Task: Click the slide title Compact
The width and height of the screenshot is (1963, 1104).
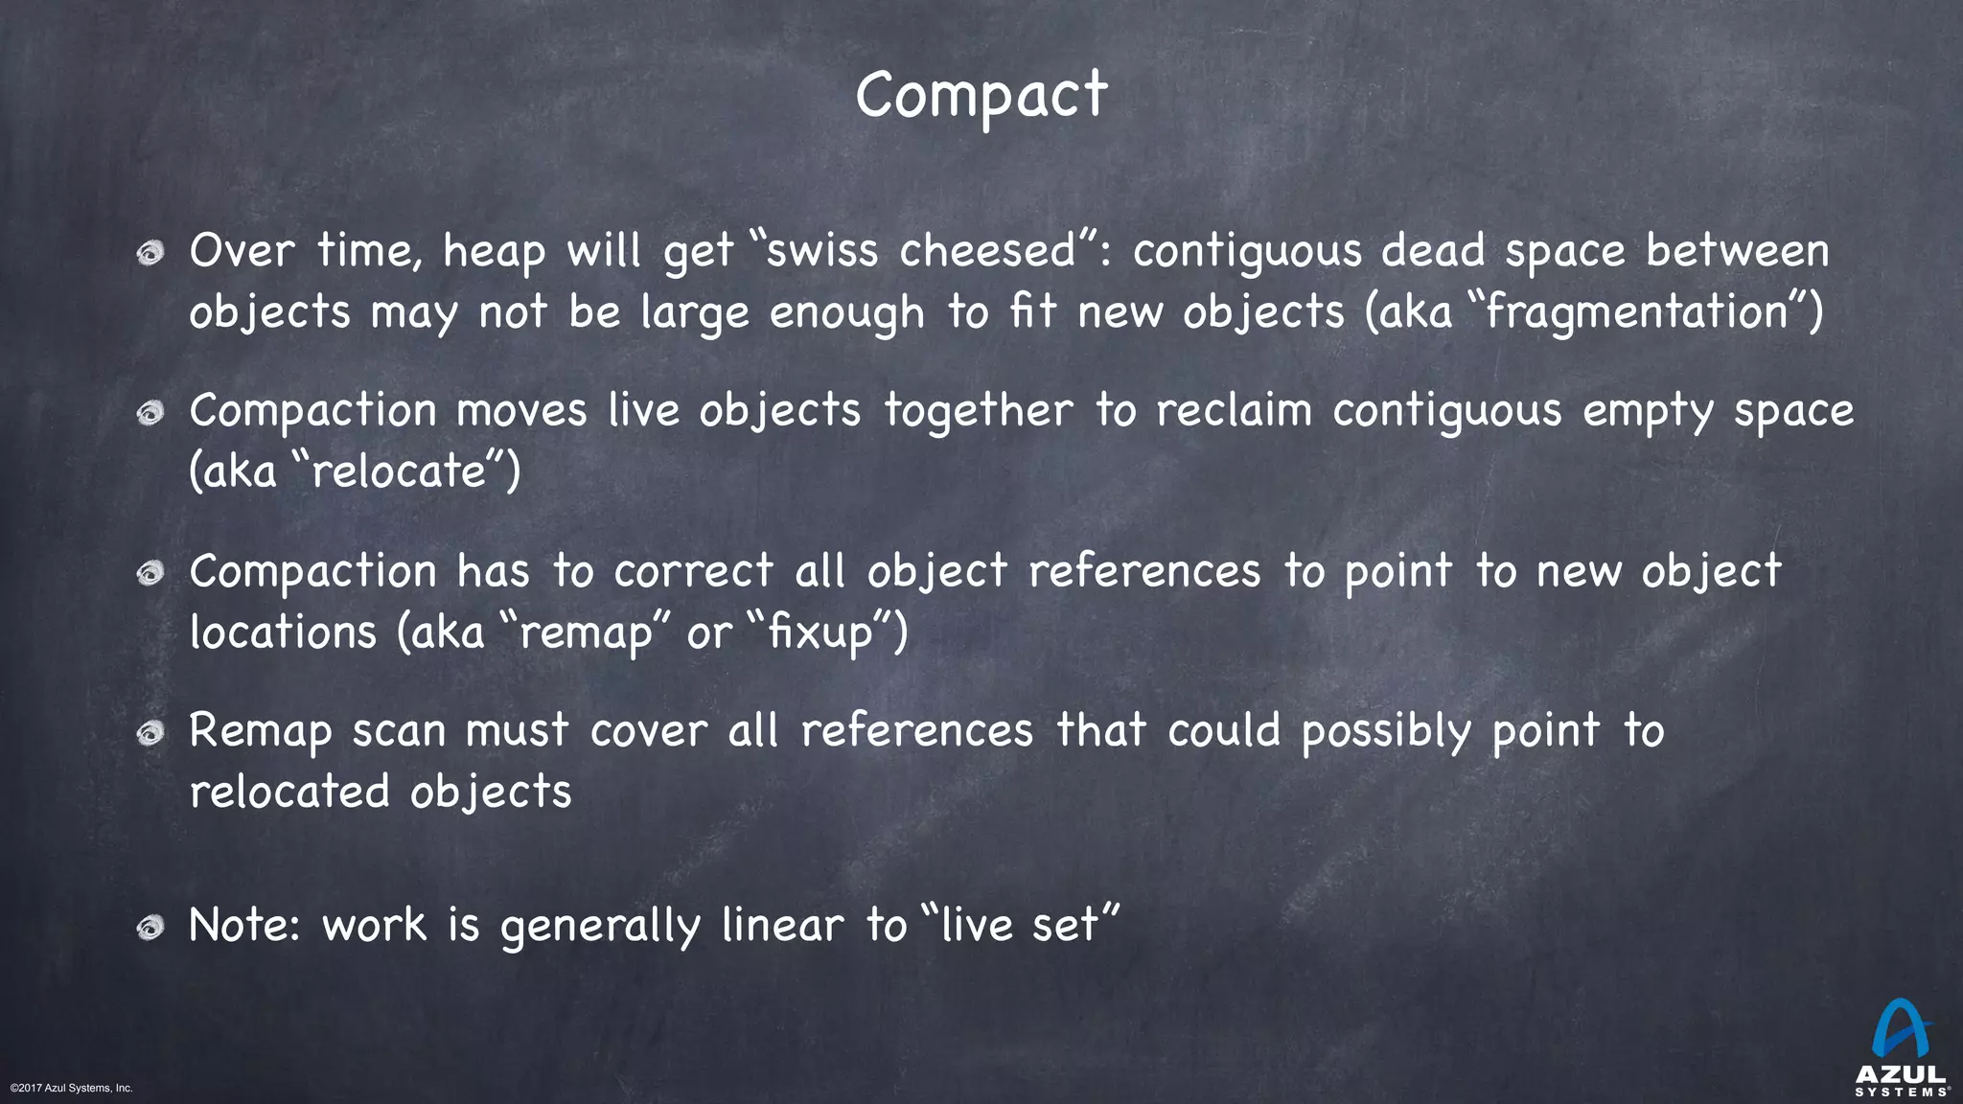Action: click(x=981, y=96)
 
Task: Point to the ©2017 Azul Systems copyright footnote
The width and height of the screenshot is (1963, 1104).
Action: click(x=71, y=1088)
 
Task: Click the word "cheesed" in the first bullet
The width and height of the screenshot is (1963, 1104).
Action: click(x=987, y=251)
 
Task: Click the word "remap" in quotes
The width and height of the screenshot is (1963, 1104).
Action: click(x=585, y=632)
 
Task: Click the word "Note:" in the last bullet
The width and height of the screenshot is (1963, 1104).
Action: click(x=245, y=926)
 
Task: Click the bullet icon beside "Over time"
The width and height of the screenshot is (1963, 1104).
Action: click(x=150, y=254)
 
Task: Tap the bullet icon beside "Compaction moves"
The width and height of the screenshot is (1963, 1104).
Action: click(x=150, y=414)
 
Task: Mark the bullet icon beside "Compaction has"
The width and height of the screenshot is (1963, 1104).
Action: click(x=150, y=574)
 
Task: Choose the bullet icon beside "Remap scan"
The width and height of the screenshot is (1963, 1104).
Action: click(x=150, y=734)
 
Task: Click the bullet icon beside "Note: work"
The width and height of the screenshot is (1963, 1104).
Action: click(x=150, y=928)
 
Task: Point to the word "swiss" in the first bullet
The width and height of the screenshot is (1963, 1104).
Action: click(x=822, y=251)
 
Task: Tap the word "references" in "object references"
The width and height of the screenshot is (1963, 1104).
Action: click(x=1143, y=572)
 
